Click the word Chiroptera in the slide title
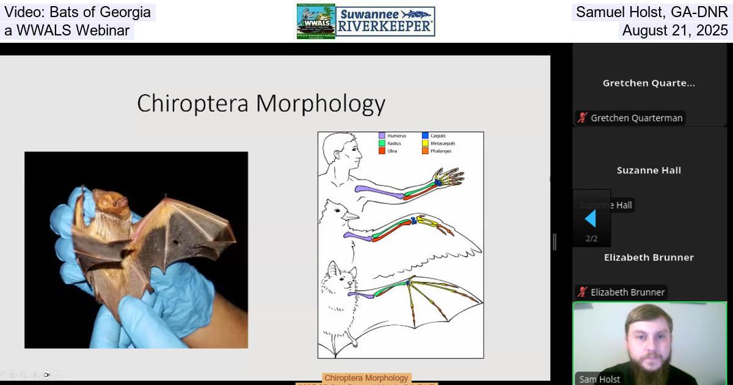pos(193,104)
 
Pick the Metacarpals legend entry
pos(442,144)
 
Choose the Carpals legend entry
pos(437,136)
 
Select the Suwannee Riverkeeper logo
pos(385,21)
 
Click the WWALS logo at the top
pos(316,21)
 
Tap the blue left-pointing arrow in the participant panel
pos(590,218)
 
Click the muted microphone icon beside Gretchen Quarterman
pos(583,118)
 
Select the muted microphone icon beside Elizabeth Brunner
pos(583,292)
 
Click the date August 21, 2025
pos(674,31)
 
